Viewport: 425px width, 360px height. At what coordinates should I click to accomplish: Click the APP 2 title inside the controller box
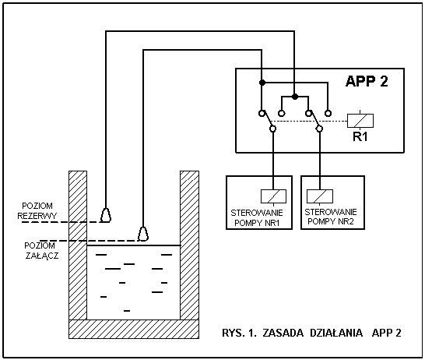[x=367, y=81]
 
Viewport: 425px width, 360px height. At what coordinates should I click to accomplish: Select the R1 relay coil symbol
[x=360, y=121]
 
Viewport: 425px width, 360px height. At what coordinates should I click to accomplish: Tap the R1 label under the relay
[x=360, y=137]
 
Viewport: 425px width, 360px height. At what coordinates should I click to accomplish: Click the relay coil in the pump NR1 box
[x=273, y=196]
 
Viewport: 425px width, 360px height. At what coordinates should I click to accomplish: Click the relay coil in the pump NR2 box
[x=320, y=196]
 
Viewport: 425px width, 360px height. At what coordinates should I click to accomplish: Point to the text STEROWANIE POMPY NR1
[x=257, y=218]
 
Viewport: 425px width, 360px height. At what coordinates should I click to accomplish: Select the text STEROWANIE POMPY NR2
[x=331, y=217]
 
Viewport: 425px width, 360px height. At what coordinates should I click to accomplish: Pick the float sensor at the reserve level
[x=106, y=215]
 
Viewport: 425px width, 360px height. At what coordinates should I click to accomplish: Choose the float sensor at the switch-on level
[x=143, y=234]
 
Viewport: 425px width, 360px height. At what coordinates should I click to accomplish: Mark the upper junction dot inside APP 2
[x=262, y=83]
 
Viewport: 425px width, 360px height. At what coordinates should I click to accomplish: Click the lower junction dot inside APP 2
[x=295, y=97]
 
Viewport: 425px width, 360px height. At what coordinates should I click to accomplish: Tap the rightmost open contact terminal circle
[x=328, y=113]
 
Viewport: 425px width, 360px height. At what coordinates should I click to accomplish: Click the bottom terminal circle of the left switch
[x=273, y=129]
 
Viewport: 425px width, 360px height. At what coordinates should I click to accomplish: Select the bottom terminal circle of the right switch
[x=320, y=129]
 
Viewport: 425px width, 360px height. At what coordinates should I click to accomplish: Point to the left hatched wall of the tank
[x=78, y=245]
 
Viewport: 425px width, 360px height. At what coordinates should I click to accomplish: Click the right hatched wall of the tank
[x=189, y=245]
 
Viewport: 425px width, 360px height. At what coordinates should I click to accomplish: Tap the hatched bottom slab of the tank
[x=134, y=329]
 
